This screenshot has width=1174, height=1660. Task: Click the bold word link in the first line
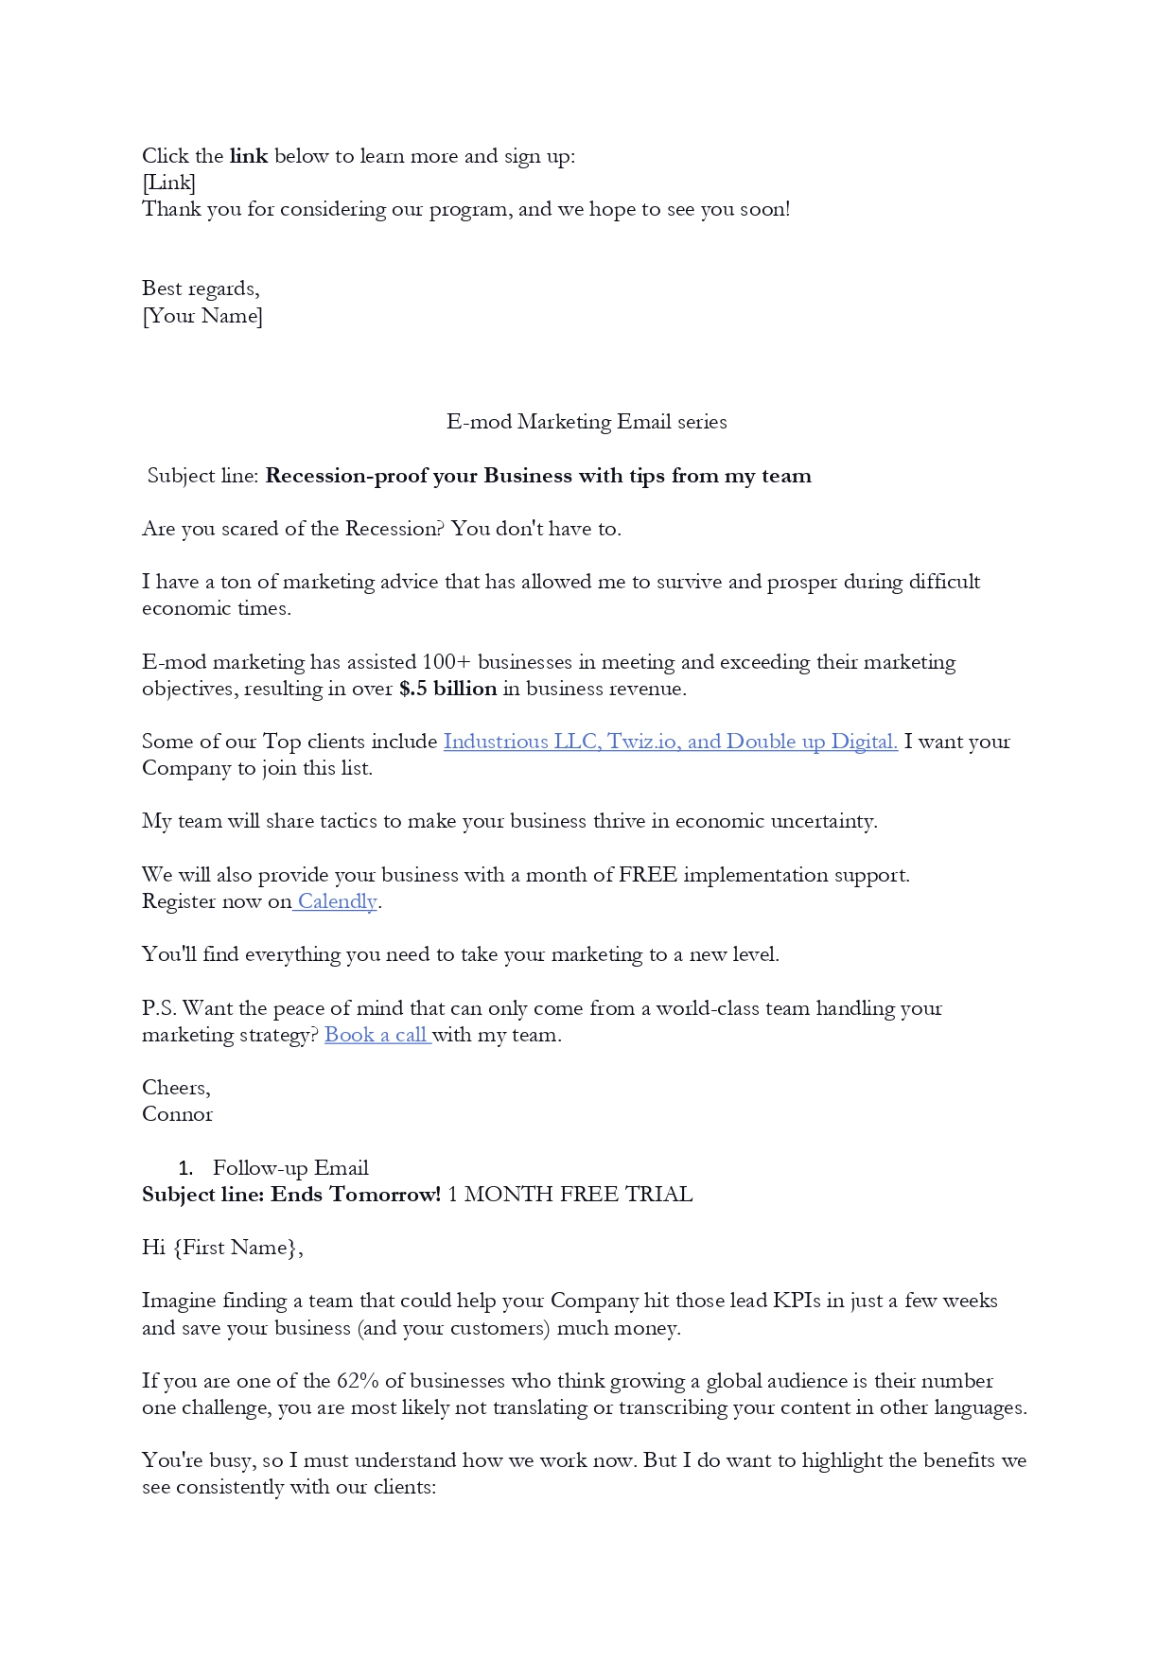click(248, 156)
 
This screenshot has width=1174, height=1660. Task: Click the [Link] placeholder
click(168, 183)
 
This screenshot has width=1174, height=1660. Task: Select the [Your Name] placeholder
click(202, 316)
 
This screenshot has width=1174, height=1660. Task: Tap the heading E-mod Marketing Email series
click(587, 422)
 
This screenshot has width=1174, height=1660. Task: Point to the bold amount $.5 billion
click(447, 689)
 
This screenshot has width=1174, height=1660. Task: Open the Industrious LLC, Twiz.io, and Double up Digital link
click(670, 742)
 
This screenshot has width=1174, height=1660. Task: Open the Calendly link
click(337, 901)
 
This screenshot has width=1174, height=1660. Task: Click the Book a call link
click(377, 1035)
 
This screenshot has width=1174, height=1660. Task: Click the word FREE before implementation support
click(647, 875)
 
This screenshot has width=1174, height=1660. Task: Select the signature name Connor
click(177, 1114)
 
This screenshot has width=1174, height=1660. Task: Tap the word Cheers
click(175, 1088)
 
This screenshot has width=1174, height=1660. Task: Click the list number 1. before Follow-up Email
click(185, 1168)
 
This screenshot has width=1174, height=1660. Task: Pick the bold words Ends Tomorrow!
click(356, 1195)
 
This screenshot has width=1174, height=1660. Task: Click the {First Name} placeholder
click(237, 1248)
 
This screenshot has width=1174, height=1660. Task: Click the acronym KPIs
click(796, 1301)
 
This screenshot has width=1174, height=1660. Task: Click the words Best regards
click(200, 288)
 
